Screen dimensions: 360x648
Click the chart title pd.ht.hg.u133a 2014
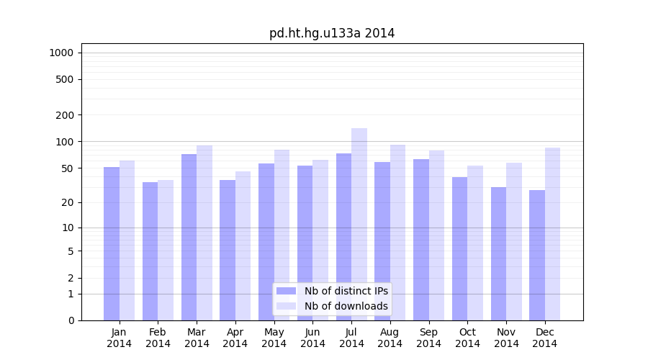tap(332, 33)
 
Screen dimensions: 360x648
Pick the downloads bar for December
tap(552, 234)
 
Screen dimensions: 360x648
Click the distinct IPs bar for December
tap(537, 255)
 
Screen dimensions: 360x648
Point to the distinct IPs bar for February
tap(150, 251)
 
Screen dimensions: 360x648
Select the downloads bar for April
tap(243, 246)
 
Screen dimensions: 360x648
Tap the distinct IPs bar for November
tap(498, 253)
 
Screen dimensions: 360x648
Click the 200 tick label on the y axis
tap(65, 115)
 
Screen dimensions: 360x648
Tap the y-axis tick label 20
tap(68, 202)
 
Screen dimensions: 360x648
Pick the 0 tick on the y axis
tap(71, 320)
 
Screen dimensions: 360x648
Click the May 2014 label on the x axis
tap(274, 338)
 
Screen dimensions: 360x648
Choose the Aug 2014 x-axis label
tap(390, 338)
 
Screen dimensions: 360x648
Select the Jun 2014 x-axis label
tap(312, 338)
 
